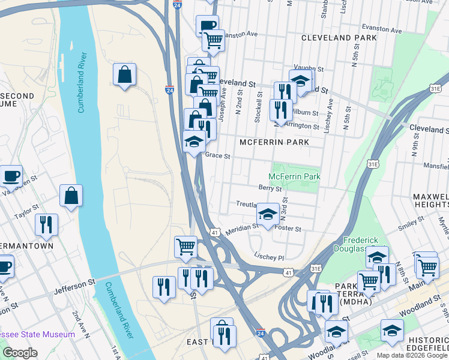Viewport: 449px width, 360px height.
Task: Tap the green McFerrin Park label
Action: tap(294, 176)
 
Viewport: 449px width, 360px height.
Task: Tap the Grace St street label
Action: tap(218, 155)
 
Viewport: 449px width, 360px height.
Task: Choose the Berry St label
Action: tap(270, 188)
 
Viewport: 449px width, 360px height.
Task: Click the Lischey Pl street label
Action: tap(268, 257)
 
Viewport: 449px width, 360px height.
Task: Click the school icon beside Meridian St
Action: tap(268, 214)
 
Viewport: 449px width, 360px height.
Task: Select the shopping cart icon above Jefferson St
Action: tap(185, 246)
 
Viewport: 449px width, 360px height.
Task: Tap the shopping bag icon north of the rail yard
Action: tap(124, 74)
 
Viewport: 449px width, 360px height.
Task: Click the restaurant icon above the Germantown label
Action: tap(46, 224)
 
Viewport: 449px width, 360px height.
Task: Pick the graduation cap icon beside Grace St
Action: tap(194, 142)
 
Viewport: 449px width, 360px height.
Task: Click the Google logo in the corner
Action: tap(20, 353)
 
